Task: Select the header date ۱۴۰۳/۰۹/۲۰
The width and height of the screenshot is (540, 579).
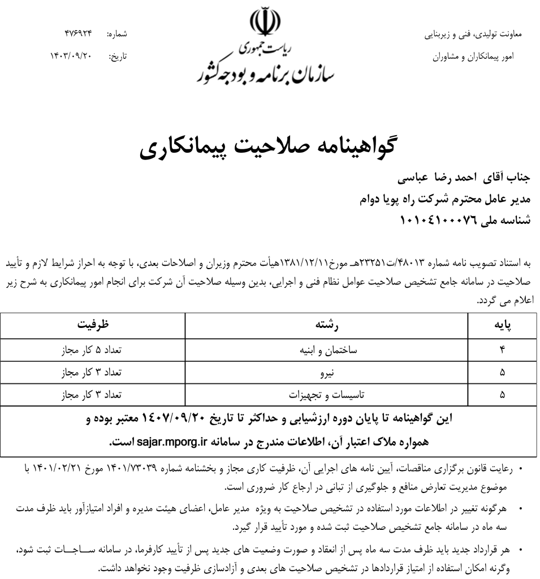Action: [71, 57]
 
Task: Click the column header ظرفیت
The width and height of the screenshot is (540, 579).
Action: [93, 325]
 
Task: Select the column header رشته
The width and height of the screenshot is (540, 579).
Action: [326, 325]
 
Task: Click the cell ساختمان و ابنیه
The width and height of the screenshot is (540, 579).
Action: [326, 351]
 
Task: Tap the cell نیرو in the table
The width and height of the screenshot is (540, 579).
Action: [326, 373]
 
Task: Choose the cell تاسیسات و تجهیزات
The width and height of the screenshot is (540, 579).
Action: [326, 395]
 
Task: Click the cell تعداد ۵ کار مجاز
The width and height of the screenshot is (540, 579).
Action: [93, 351]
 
